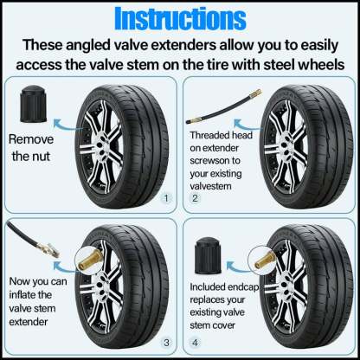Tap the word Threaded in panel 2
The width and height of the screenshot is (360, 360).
point(213,136)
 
